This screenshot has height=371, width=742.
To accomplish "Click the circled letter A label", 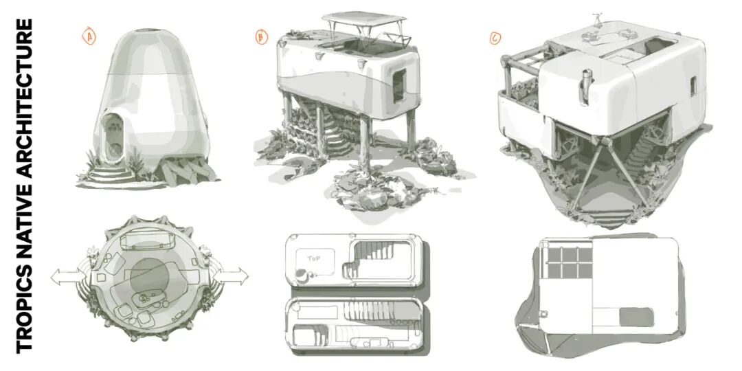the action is [89, 36].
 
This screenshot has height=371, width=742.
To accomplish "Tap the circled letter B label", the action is [261, 36].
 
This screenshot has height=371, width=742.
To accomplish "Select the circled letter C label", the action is [495, 38].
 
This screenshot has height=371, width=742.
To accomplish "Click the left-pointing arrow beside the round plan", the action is [69, 276].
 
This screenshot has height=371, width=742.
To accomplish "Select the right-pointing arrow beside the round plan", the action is [230, 276].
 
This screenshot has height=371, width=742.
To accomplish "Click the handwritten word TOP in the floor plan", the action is [314, 259].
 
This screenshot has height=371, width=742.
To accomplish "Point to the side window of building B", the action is [399, 85].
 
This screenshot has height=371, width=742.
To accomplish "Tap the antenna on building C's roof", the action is [597, 20].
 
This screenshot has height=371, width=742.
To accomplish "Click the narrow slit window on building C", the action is [693, 86].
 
